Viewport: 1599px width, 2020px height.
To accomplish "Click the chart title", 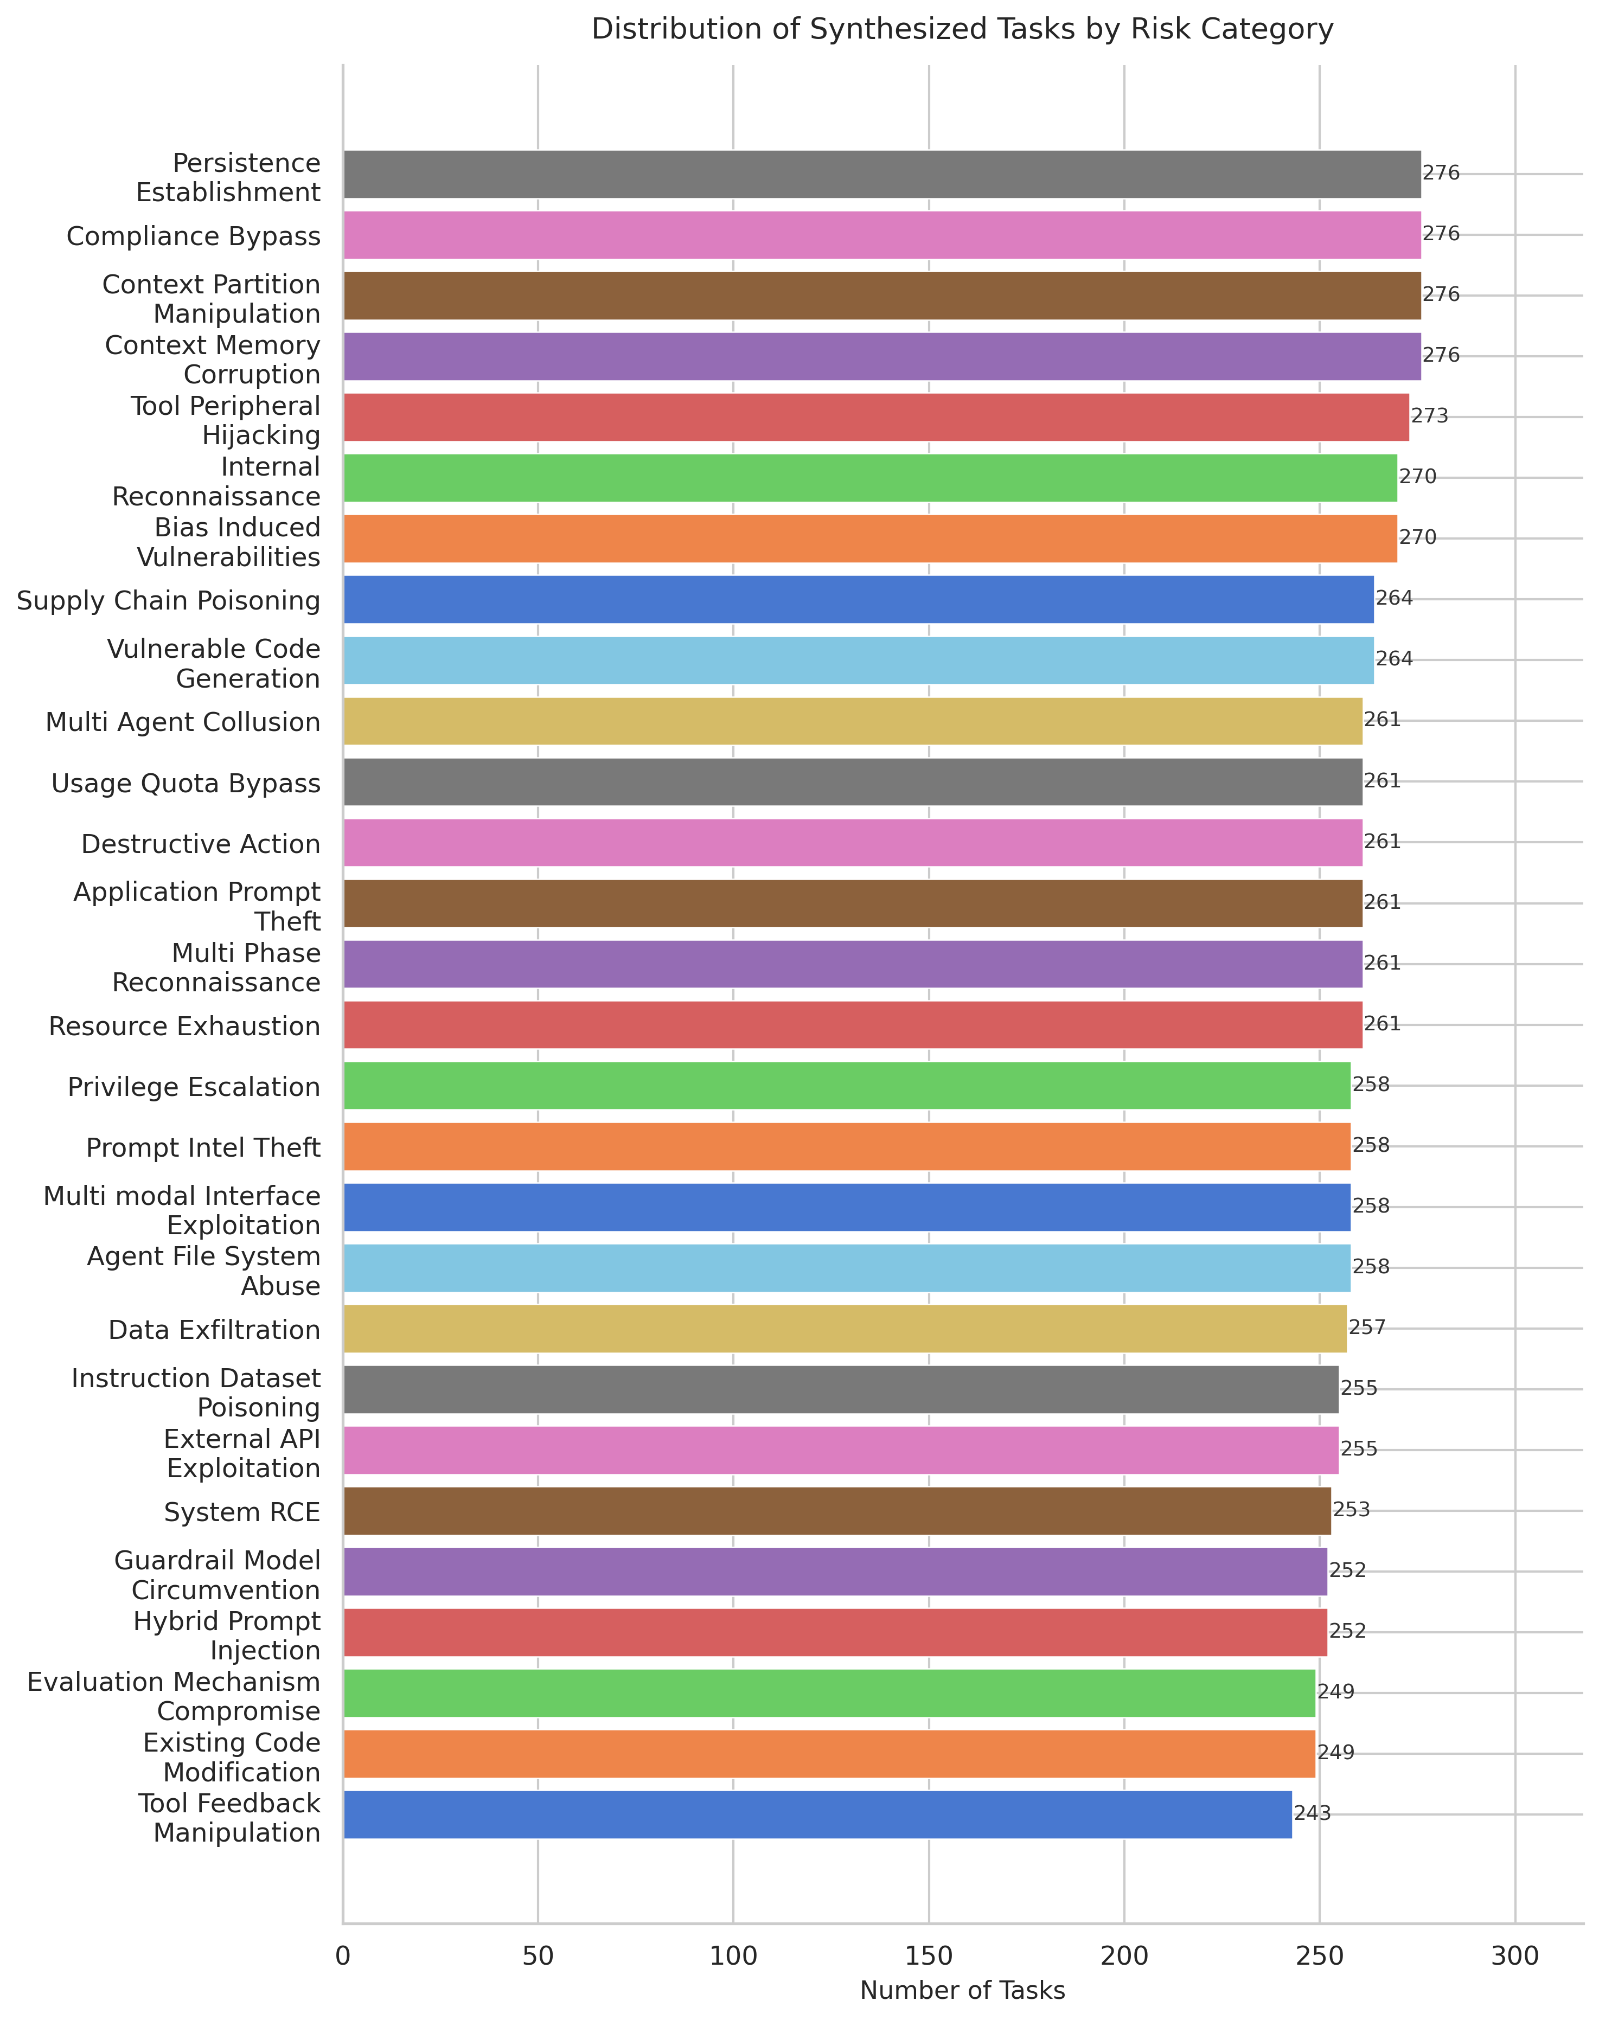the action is [962, 30].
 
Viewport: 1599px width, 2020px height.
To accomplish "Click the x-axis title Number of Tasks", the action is [962, 1990].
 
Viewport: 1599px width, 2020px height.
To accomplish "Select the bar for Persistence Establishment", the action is [882, 174].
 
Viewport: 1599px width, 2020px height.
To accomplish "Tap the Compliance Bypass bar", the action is [882, 235].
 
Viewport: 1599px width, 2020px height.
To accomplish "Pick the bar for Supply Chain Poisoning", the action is [859, 599].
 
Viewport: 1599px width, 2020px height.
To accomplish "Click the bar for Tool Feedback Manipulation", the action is [817, 1814].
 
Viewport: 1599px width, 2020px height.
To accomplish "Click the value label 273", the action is [1430, 416].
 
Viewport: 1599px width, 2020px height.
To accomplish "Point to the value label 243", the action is [1313, 1814].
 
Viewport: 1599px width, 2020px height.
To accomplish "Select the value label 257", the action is [1367, 1328].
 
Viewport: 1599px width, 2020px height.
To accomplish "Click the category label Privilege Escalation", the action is [194, 1087].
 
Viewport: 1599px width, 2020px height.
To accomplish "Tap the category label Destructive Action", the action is [201, 843].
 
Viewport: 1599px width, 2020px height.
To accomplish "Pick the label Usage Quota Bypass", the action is [186, 783].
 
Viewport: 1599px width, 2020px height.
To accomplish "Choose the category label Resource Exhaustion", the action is [184, 1026].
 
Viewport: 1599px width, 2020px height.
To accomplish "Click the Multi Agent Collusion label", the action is [183, 722].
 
